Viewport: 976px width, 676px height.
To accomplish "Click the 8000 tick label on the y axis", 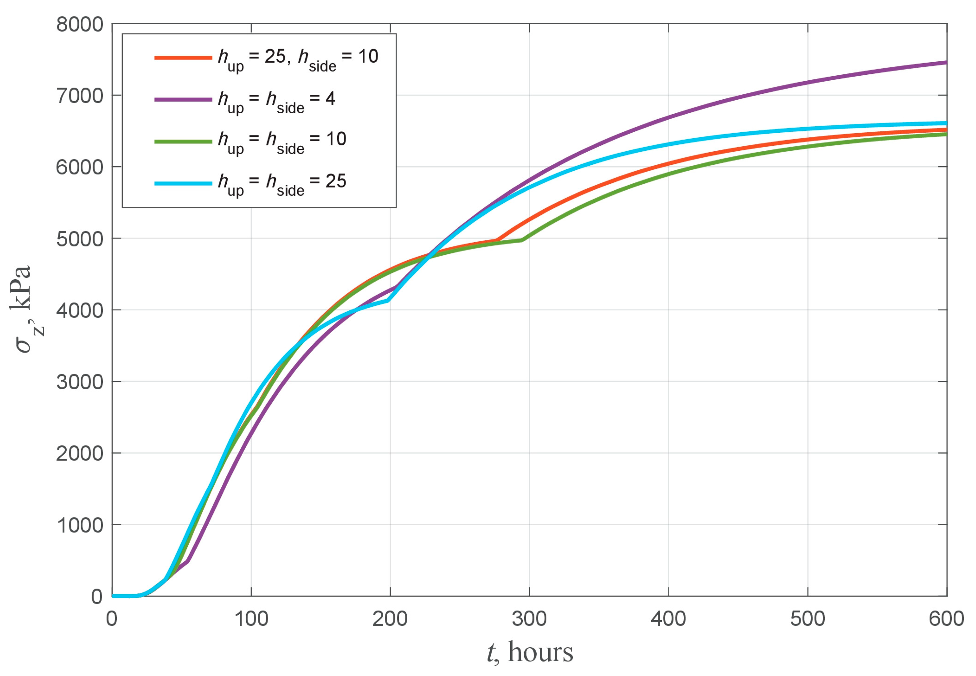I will [80, 25].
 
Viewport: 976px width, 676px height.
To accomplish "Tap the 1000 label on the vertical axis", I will [80, 526].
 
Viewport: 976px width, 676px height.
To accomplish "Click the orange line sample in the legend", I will [183, 58].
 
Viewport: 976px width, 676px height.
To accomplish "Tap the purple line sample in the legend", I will [183, 100].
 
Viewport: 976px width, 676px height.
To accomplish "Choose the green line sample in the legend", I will [183, 141].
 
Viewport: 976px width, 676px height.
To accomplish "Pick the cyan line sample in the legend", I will [183, 183].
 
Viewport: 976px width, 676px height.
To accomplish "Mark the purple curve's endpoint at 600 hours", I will [946, 62].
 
